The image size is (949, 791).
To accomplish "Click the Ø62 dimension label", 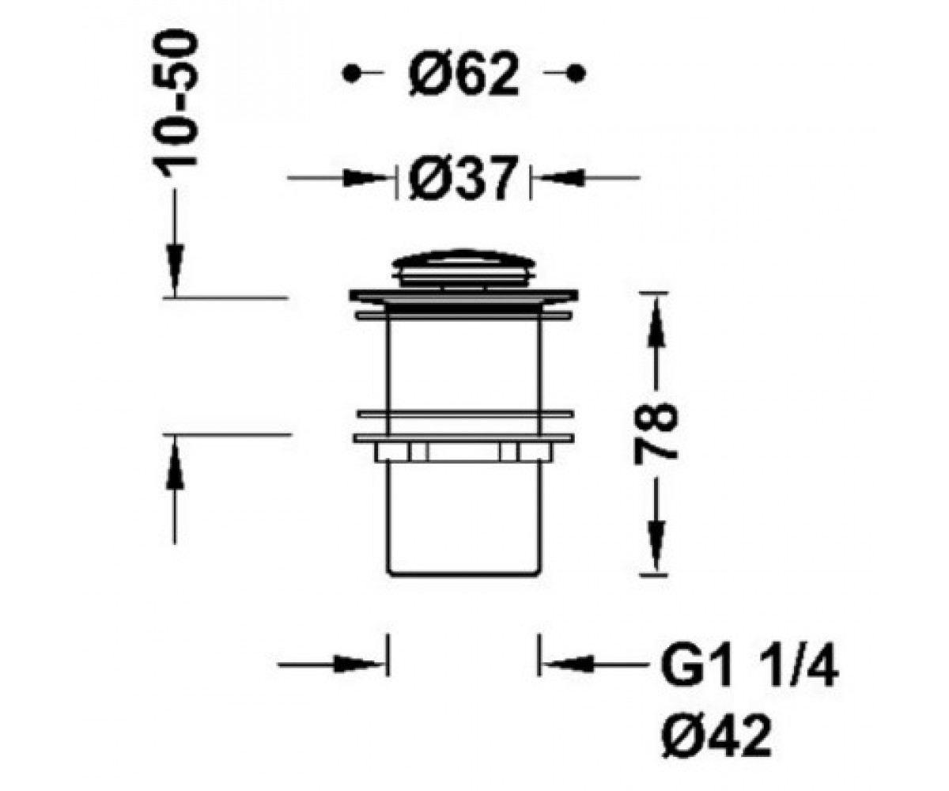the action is (463, 74).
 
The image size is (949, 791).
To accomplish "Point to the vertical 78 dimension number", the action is (656, 434).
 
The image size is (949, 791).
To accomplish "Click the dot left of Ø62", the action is (350, 73).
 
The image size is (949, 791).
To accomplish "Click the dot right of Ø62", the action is (577, 73).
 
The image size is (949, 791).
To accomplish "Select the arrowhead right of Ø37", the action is (560, 178).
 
